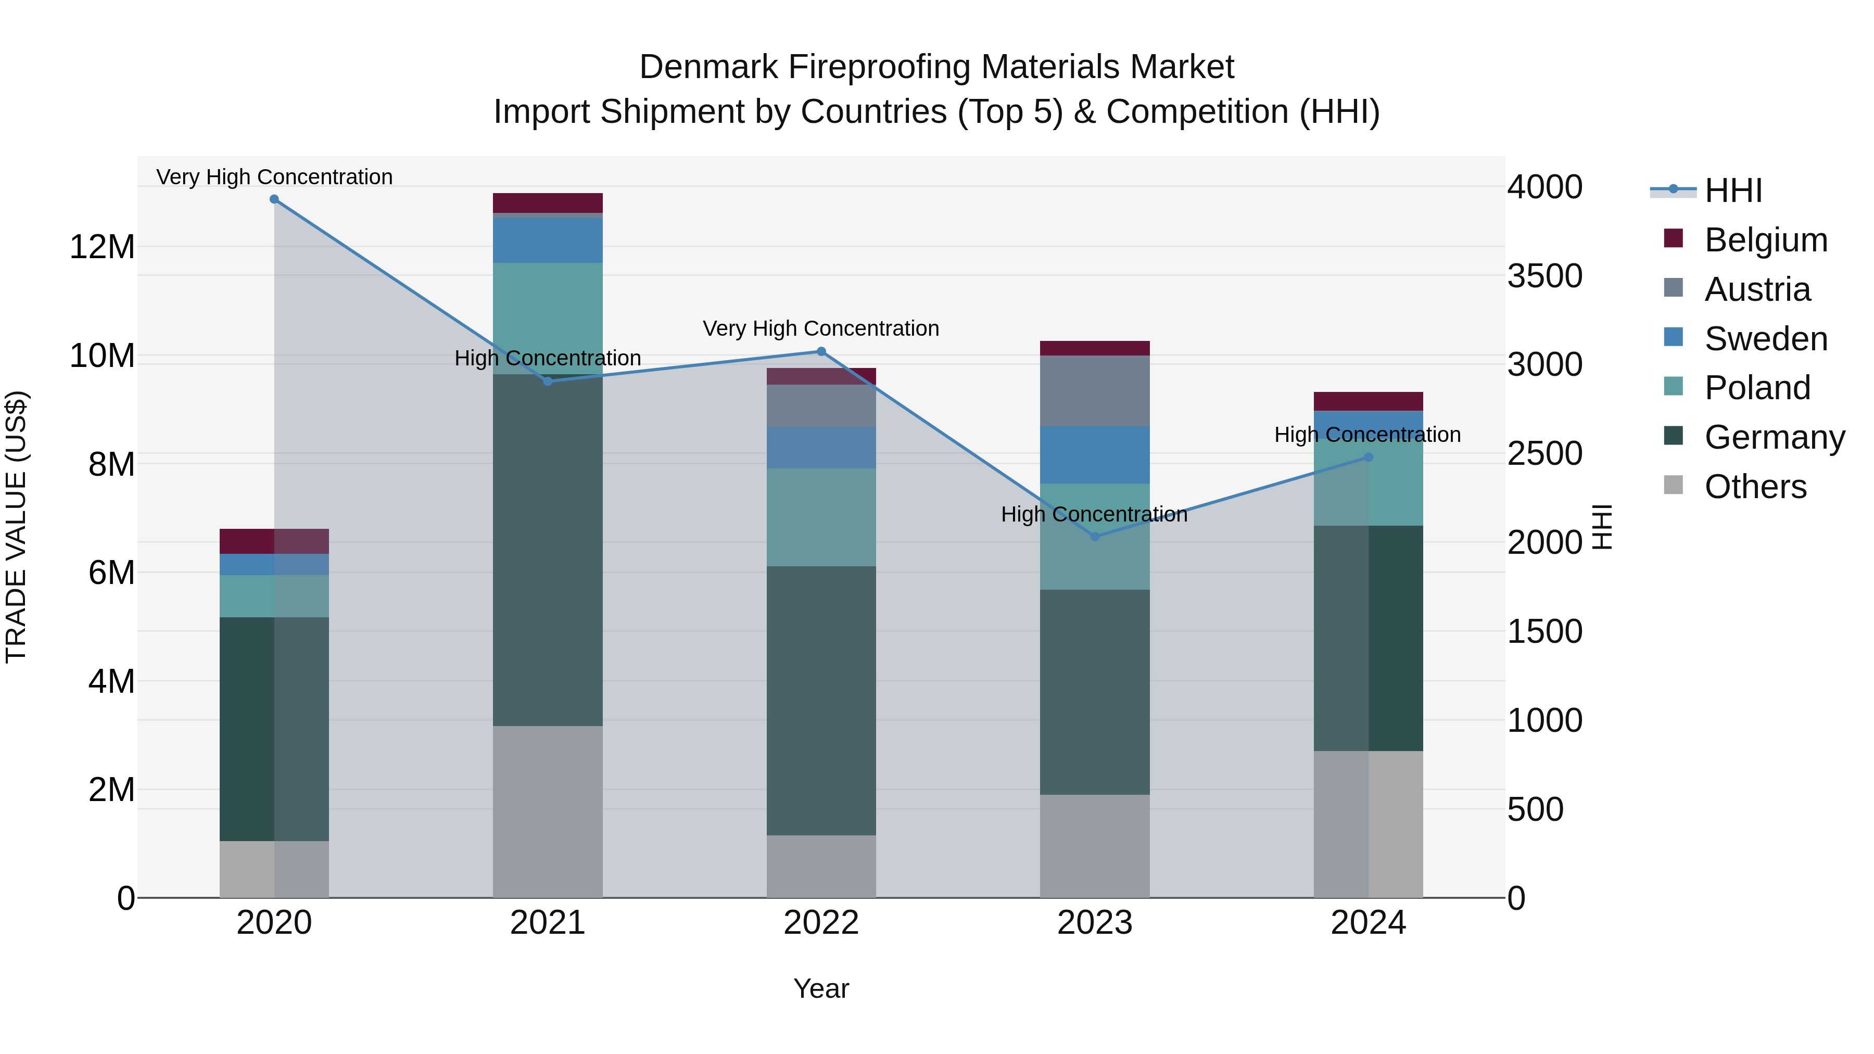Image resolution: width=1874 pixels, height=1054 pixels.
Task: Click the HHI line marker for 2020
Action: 274,199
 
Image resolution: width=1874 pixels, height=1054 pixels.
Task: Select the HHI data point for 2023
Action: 1095,537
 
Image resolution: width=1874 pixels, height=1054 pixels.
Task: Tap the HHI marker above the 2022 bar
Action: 821,351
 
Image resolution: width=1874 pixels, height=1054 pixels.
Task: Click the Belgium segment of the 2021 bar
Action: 548,203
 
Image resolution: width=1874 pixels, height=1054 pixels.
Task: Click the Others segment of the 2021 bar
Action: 548,811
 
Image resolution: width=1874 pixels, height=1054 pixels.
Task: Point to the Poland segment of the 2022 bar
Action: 821,517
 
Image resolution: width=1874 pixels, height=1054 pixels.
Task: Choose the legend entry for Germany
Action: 1774,437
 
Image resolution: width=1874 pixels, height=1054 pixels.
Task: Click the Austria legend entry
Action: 1756,289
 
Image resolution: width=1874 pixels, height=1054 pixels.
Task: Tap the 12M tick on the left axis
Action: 102,247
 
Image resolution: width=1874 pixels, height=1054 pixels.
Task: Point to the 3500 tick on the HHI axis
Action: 1544,276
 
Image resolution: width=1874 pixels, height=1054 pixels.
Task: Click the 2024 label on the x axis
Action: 1367,923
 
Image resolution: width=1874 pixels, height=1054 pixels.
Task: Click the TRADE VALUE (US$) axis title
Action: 16,527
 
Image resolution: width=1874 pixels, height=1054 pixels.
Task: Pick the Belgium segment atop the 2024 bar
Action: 1367,401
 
